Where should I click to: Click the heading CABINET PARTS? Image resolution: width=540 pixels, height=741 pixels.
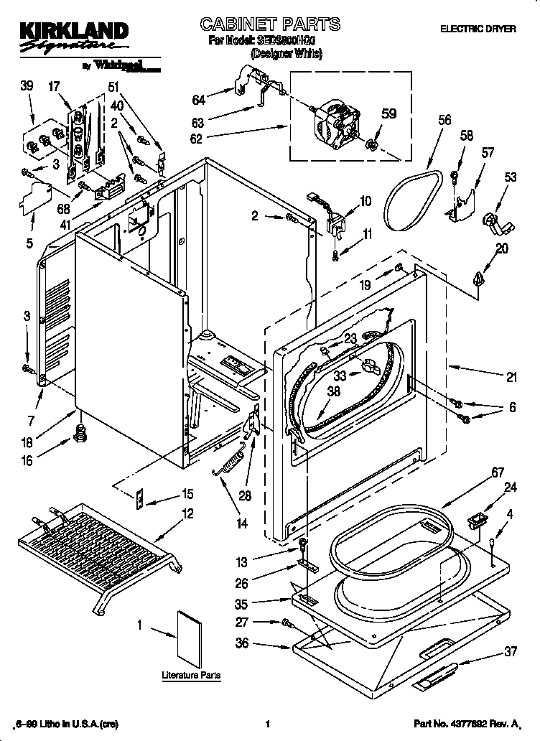pyautogui.click(x=269, y=25)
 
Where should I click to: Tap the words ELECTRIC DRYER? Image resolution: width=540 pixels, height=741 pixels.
pyautogui.click(x=478, y=29)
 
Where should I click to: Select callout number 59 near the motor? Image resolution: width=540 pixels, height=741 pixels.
pyautogui.click(x=388, y=113)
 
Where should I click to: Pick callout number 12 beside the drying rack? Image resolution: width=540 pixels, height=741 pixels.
pyautogui.click(x=187, y=513)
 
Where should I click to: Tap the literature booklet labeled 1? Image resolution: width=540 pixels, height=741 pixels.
pyautogui.click(x=190, y=638)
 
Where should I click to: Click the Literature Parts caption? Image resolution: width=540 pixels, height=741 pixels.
pyautogui.click(x=190, y=676)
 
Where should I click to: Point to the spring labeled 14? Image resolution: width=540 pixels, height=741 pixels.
pyautogui.click(x=229, y=460)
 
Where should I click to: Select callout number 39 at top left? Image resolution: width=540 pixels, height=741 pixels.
pyautogui.click(x=27, y=86)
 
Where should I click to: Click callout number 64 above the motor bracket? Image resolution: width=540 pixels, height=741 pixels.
pyautogui.click(x=198, y=99)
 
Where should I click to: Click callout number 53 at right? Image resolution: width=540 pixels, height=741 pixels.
pyautogui.click(x=511, y=177)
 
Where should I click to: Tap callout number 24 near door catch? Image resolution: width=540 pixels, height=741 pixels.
pyautogui.click(x=510, y=487)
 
